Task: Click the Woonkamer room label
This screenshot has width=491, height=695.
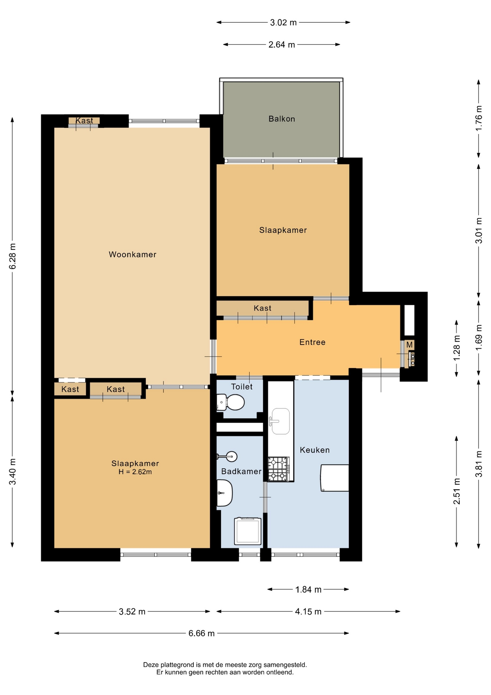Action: tap(132, 254)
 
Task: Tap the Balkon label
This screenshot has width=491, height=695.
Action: tap(282, 119)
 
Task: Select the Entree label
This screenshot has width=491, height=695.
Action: tap(312, 342)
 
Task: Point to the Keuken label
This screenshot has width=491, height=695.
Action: tap(315, 450)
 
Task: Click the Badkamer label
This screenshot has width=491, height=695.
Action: tap(241, 471)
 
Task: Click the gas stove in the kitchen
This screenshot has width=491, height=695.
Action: tap(279, 469)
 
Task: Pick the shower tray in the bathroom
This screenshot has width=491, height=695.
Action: tap(248, 531)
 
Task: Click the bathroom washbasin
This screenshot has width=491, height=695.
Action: tap(225, 493)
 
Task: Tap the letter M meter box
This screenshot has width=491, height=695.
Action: tap(409, 345)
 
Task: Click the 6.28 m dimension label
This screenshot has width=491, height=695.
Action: tap(13, 256)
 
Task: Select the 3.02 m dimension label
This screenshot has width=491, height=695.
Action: tap(283, 22)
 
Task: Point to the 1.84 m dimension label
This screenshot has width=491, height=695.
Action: tap(308, 590)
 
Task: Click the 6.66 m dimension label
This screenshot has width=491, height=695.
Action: tap(201, 633)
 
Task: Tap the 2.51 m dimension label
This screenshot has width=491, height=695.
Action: tap(457, 491)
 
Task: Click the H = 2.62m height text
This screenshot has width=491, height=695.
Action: tap(135, 472)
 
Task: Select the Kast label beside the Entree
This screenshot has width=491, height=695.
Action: tap(262, 308)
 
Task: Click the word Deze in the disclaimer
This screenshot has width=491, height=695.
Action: tap(151, 665)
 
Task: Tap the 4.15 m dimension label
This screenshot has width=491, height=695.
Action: tap(308, 612)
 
